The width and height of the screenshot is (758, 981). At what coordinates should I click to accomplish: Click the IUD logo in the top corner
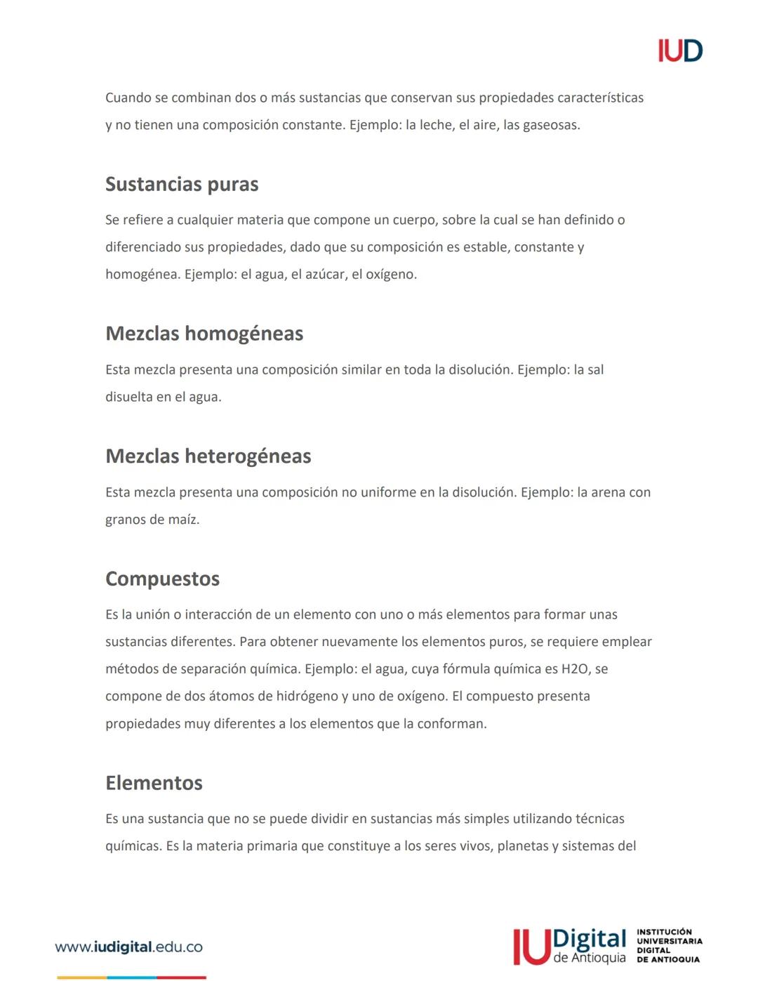pyautogui.click(x=679, y=51)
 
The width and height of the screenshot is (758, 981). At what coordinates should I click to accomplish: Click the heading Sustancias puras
pyautogui.click(x=182, y=184)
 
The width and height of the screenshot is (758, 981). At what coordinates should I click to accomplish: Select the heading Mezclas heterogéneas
pyautogui.click(x=208, y=456)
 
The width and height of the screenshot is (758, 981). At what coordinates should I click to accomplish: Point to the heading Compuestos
pyautogui.click(x=162, y=579)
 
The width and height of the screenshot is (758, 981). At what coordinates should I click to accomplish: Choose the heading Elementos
pyautogui.click(x=154, y=783)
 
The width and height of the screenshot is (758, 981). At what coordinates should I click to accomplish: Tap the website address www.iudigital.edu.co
pyautogui.click(x=128, y=947)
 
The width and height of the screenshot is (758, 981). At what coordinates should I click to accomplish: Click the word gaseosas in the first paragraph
pyautogui.click(x=551, y=126)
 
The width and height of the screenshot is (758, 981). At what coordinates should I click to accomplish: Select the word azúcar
pyautogui.click(x=326, y=275)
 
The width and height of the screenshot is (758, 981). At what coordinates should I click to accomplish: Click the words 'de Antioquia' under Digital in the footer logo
pyautogui.click(x=590, y=958)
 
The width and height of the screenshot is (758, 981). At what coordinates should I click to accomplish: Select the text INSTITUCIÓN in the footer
pyautogui.click(x=664, y=932)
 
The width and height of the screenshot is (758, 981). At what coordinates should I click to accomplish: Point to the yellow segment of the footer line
pyautogui.click(x=81, y=977)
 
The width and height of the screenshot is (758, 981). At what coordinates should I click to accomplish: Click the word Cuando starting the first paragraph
pyautogui.click(x=127, y=98)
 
